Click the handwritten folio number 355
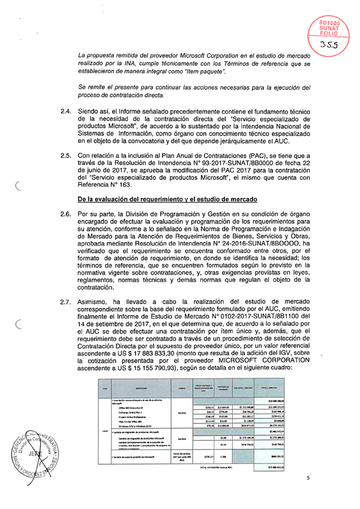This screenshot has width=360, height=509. tap(329, 44)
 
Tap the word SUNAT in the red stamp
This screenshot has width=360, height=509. tap(328, 28)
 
